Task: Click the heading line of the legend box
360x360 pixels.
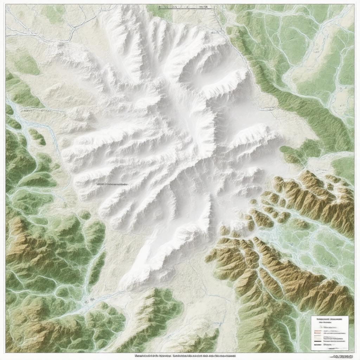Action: (329, 319)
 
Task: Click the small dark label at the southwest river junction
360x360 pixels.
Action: (92, 299)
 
